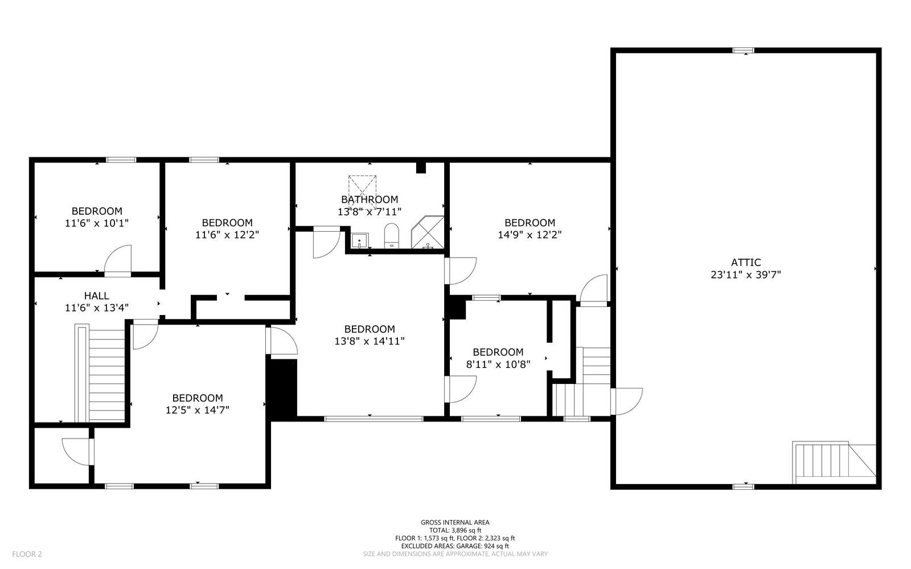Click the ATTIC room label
point(745,262)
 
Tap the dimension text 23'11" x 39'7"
point(745,275)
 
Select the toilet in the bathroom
point(391,236)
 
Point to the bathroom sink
point(359,241)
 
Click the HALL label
point(96,296)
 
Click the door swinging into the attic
point(626,402)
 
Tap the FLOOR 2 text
point(27,554)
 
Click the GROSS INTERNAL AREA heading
point(455,522)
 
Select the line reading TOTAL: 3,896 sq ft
point(455,530)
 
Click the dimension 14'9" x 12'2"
point(530,235)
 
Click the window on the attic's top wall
point(743,50)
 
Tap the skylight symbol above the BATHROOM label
point(362,186)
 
